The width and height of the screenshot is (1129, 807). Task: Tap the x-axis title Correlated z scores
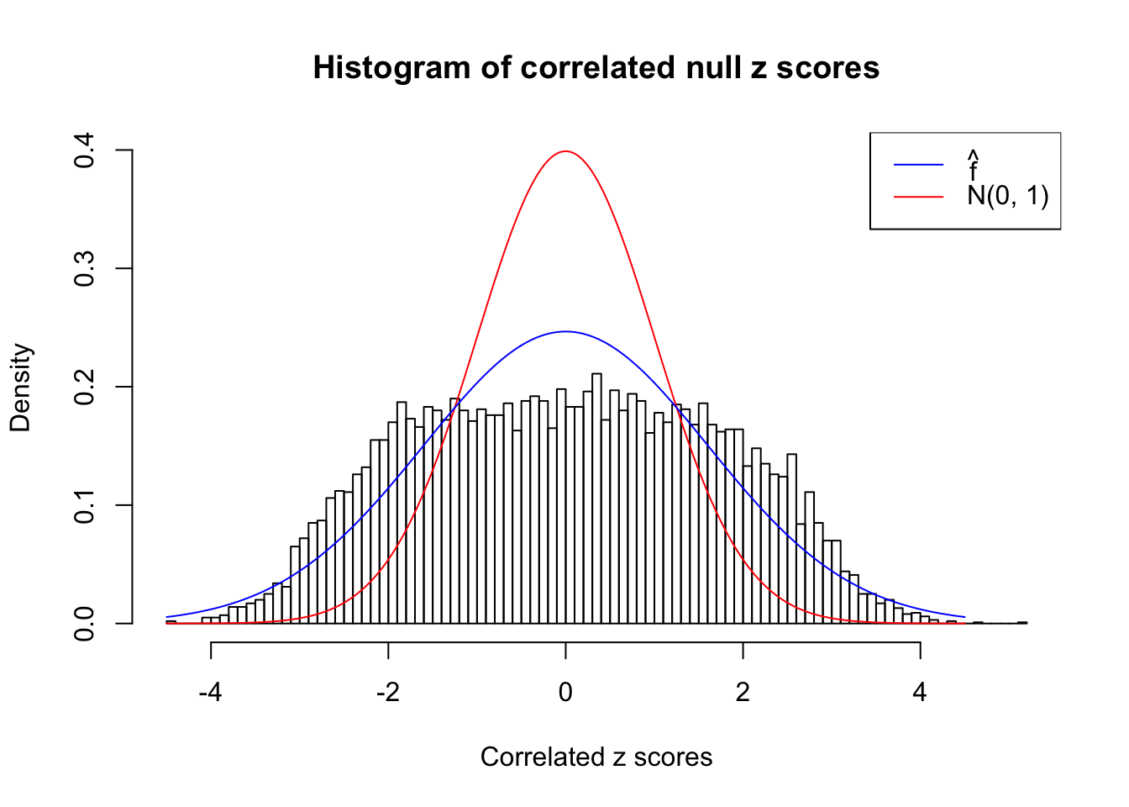[596, 757]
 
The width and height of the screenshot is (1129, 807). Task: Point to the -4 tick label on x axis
[210, 693]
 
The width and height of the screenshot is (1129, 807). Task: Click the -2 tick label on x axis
[387, 693]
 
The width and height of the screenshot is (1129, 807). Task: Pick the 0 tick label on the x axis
[565, 693]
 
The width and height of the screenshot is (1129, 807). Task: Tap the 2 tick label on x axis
[743, 693]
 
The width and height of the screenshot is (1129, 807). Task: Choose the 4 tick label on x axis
[920, 693]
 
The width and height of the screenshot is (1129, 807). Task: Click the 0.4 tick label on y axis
[84, 150]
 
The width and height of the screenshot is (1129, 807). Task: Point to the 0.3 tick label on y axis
[84, 269]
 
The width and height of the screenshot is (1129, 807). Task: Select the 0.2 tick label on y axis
[84, 388]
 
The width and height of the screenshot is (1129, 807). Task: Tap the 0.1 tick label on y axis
[84, 505]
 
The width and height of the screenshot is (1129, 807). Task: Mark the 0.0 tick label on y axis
[84, 624]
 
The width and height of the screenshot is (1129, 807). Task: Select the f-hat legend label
[973, 166]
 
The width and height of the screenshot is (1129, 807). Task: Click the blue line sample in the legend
[918, 165]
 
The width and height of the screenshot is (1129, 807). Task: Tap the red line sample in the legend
[918, 196]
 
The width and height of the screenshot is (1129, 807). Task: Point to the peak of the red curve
[565, 151]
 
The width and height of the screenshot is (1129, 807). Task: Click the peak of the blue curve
[565, 331]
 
